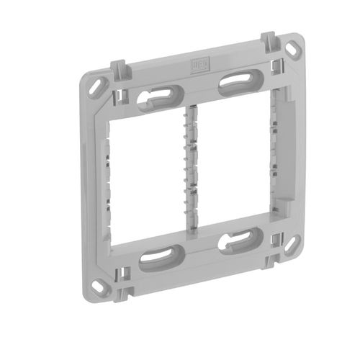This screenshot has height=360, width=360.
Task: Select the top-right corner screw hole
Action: [x=294, y=51]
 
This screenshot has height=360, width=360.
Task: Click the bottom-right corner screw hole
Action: [x=291, y=244]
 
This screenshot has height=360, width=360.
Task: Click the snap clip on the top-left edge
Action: [x=120, y=70]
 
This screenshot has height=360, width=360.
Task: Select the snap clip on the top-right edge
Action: [x=266, y=40]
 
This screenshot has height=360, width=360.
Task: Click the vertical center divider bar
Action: [x=192, y=169]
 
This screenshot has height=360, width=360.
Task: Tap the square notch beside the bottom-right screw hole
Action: [x=276, y=238]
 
